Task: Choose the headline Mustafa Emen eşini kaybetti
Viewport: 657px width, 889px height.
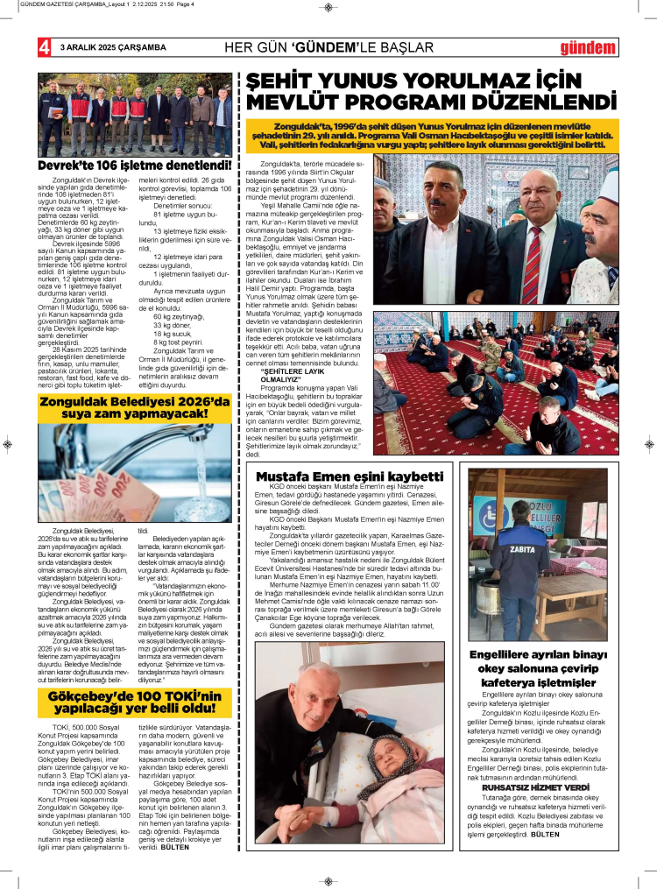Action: point(350,477)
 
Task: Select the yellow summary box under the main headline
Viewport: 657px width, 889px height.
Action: point(433,134)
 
